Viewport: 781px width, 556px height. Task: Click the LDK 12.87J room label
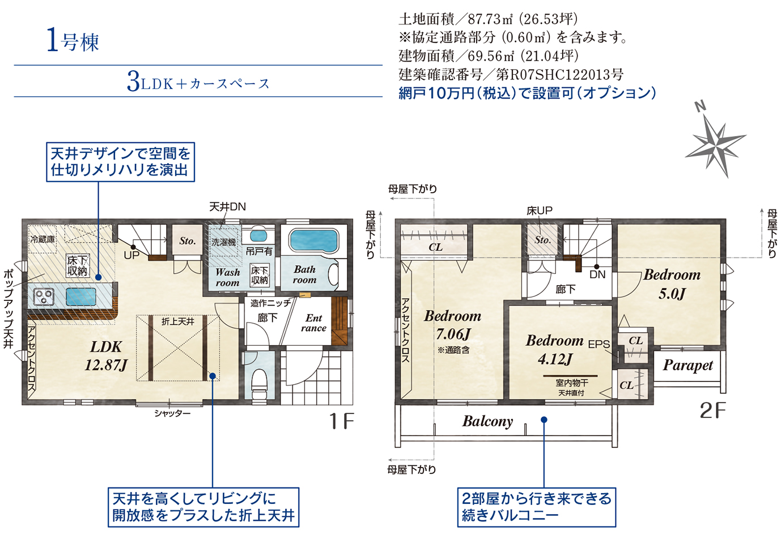tap(106, 355)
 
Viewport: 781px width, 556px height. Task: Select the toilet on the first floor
tap(259, 383)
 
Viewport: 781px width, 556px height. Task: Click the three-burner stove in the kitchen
tap(44, 297)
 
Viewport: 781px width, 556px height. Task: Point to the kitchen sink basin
tap(81, 297)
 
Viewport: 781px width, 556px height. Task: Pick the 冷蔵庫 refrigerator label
tap(43, 240)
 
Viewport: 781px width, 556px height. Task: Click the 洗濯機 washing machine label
tap(223, 242)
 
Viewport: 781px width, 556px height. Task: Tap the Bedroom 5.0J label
tap(672, 284)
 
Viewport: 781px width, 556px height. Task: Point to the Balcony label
tap(487, 422)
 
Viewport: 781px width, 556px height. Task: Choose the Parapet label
tap(688, 366)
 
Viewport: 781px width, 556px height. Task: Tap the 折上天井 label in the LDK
tap(178, 321)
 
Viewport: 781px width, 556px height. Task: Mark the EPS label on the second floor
tap(599, 345)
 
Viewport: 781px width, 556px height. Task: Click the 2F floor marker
tap(713, 410)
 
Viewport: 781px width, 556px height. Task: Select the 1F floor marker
tap(342, 421)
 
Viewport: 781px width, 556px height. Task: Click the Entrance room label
tap(314, 323)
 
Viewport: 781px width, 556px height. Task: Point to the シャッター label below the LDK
tap(173, 414)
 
